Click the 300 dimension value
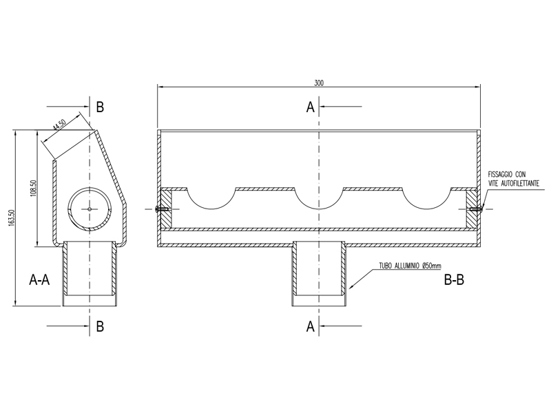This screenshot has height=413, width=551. [319, 83]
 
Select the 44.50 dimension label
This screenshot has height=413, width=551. [59, 125]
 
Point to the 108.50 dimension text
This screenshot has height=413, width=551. [34, 188]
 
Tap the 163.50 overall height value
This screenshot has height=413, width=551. [12, 218]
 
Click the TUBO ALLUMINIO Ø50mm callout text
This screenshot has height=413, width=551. [410, 266]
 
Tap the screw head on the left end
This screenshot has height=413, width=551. [157, 209]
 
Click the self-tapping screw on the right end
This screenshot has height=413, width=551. [477, 209]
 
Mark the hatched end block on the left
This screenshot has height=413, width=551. [166, 209]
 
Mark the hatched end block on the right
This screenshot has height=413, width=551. [472, 209]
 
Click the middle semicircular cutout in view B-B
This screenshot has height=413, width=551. [319, 209]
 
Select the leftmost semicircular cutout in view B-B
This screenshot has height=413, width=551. [211, 209]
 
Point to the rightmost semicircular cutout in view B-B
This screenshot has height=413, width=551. [426, 209]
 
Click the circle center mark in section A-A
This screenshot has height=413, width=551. [90, 209]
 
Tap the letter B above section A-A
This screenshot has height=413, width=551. [100, 107]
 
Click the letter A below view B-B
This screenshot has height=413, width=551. [311, 326]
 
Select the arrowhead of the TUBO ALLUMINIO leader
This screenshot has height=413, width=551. [352, 286]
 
